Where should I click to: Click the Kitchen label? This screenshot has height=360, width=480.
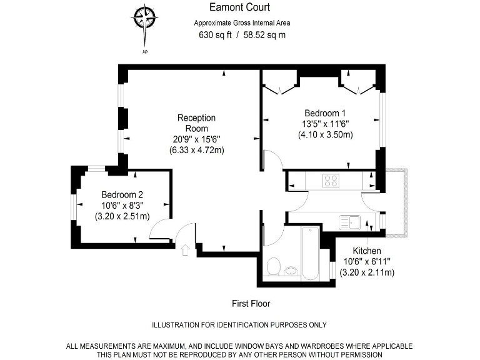[366, 251]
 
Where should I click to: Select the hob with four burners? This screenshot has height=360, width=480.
[331, 181]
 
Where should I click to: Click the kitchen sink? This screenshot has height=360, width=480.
[349, 221]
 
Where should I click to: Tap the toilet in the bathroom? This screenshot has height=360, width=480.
[273, 267]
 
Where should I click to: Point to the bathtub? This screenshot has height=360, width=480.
[310, 254]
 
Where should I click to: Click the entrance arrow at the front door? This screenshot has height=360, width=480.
[185, 251]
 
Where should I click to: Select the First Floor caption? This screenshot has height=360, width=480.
[251, 304]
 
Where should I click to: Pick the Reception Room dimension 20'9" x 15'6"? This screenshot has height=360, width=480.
[196, 139]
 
